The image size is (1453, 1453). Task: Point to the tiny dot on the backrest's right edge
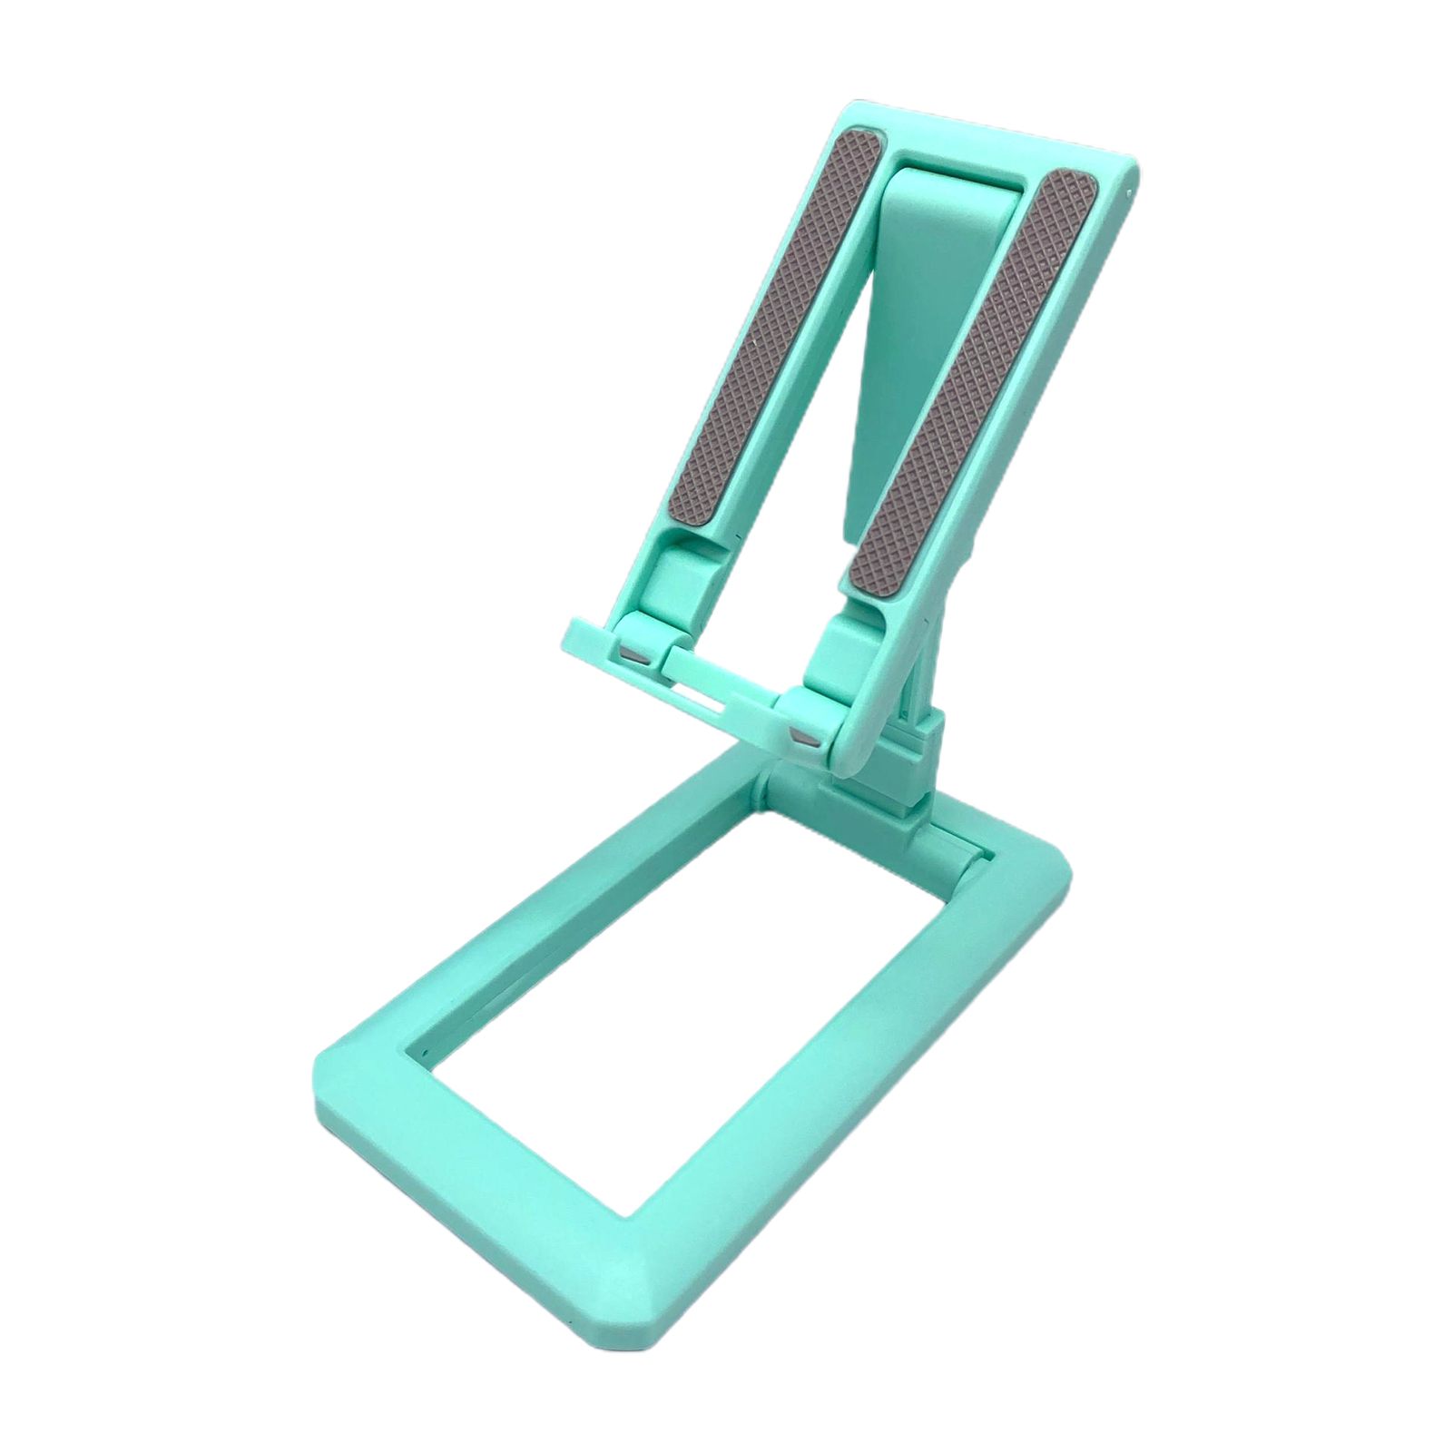1128,192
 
